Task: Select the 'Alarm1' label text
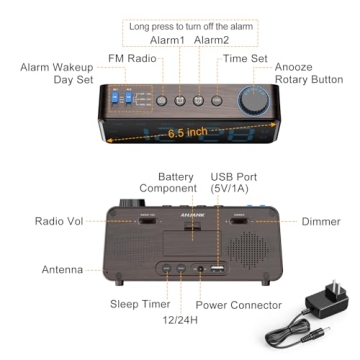tap(168, 40)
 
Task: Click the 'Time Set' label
tap(244, 59)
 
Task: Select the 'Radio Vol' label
tap(58, 222)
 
